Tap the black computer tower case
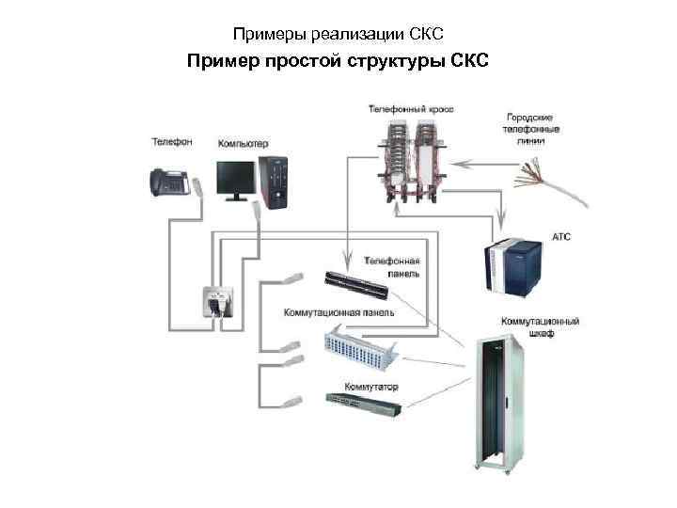coord(276,182)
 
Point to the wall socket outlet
coord(215,301)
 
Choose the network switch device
coord(362,402)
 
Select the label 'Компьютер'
coord(244,144)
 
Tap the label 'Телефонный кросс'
coord(411,109)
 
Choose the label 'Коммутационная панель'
coord(338,311)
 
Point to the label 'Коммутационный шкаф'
coord(539,326)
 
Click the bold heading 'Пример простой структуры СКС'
coord(338,62)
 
